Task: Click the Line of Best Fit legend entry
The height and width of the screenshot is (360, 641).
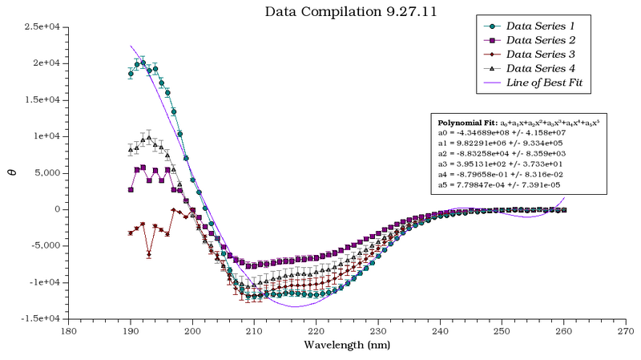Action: (549, 83)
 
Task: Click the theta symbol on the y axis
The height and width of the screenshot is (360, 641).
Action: (12, 170)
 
